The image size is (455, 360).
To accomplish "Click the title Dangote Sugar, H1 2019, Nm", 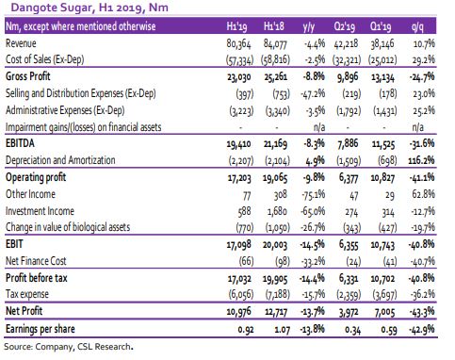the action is [89, 7].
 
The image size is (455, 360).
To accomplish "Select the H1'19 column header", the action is [236, 26].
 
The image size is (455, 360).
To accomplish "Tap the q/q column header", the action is [418, 27].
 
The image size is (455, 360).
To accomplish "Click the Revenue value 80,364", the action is [238, 43].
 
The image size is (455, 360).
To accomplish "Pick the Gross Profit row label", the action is [28, 76].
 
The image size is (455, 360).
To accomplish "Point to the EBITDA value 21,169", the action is [275, 144].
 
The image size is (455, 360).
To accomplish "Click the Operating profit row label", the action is [36, 177].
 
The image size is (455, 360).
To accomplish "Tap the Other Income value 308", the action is [280, 195].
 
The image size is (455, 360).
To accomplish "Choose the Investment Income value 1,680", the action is [277, 211].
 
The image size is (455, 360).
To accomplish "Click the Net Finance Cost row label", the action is [36, 261].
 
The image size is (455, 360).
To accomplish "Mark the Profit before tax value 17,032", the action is [239, 279].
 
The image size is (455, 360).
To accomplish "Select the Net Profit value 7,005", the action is [382, 312].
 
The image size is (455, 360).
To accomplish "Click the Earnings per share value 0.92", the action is [246, 330].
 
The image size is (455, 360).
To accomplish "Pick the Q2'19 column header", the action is [345, 26].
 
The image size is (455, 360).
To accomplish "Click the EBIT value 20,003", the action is [275, 245].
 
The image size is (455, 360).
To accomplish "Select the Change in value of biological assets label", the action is [68, 227].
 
